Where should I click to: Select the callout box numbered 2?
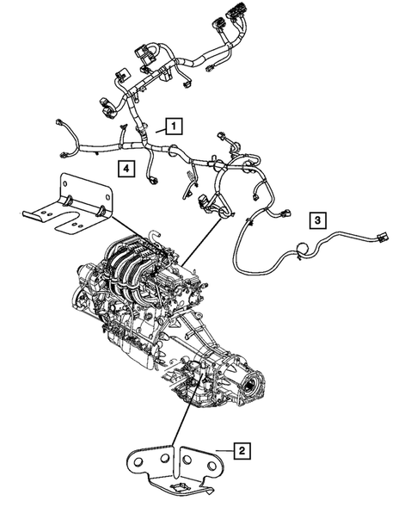243,449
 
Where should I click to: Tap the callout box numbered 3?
317,220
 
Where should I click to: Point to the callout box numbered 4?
126,169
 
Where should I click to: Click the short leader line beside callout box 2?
223,449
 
